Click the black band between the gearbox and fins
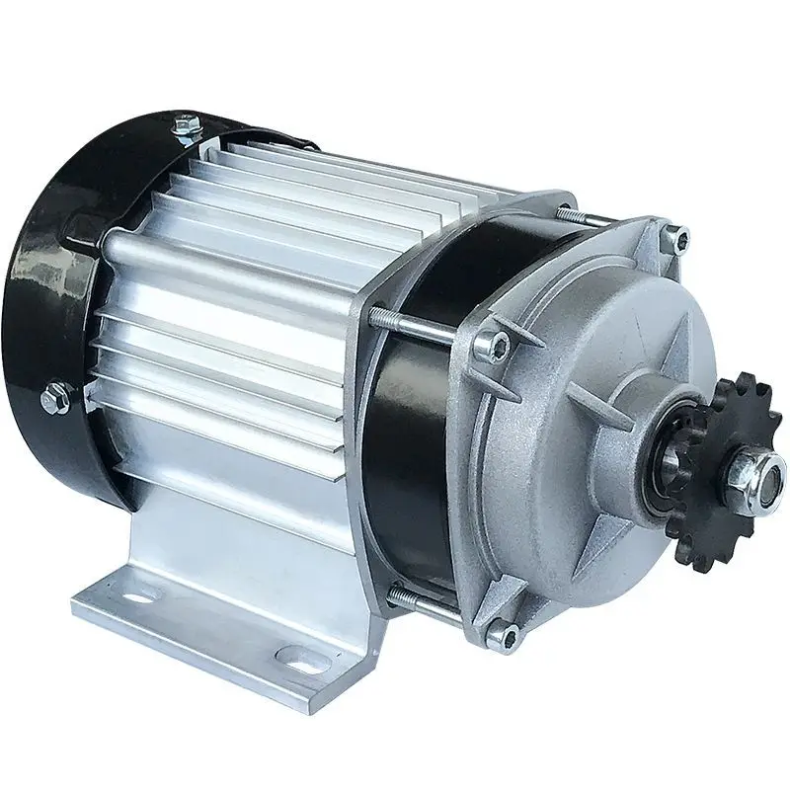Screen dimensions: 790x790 [x=415, y=415]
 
